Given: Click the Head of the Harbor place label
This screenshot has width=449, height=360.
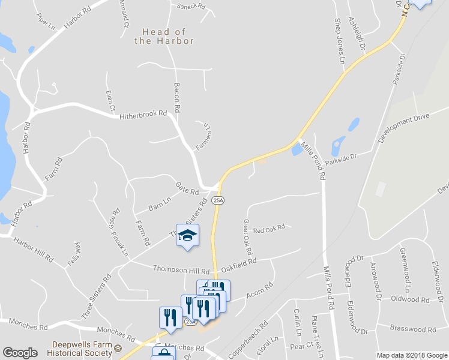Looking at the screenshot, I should click(164, 36).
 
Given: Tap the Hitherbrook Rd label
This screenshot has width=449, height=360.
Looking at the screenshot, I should click(142, 118).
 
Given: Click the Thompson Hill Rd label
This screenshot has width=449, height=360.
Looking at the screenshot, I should click(181, 270).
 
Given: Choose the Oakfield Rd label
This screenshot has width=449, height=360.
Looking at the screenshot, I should click(239, 262).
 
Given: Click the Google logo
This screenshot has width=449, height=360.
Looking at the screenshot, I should click(20, 353).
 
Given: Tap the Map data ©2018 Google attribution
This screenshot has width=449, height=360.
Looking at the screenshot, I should click(411, 355).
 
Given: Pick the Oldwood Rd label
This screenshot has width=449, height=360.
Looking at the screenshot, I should click(410, 299).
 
